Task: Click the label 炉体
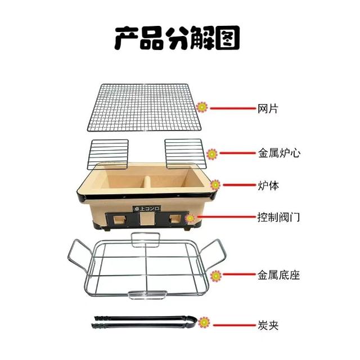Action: (268, 185)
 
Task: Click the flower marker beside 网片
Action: (202, 106)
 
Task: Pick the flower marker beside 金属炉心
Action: (212, 153)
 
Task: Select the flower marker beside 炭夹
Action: (204, 323)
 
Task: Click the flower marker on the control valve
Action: (191, 217)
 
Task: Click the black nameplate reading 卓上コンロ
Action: (145, 209)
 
